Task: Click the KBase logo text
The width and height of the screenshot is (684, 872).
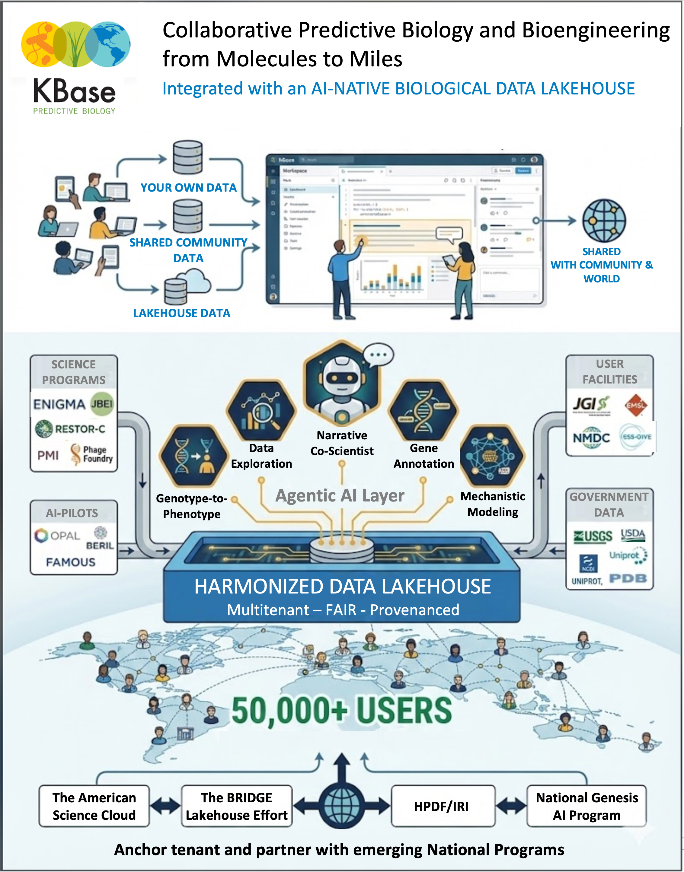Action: pos(75,92)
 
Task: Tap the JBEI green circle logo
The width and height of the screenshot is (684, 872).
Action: pos(102,404)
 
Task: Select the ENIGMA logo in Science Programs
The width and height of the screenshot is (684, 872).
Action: pos(59,404)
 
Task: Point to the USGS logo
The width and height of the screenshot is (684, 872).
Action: pos(593,536)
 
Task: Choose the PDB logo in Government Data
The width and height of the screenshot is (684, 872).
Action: pos(628,578)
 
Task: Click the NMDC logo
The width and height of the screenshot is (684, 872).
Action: pos(591,438)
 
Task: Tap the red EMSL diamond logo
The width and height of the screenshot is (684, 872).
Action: pos(635,405)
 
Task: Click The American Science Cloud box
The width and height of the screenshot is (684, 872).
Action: pos(94,806)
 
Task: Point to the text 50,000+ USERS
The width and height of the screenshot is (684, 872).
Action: pos(342,711)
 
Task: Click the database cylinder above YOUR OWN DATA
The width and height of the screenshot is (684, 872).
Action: pos(187,157)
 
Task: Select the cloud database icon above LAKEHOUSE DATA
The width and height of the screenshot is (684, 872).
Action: pos(187,286)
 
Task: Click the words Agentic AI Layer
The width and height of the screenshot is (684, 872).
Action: pos(340,496)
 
